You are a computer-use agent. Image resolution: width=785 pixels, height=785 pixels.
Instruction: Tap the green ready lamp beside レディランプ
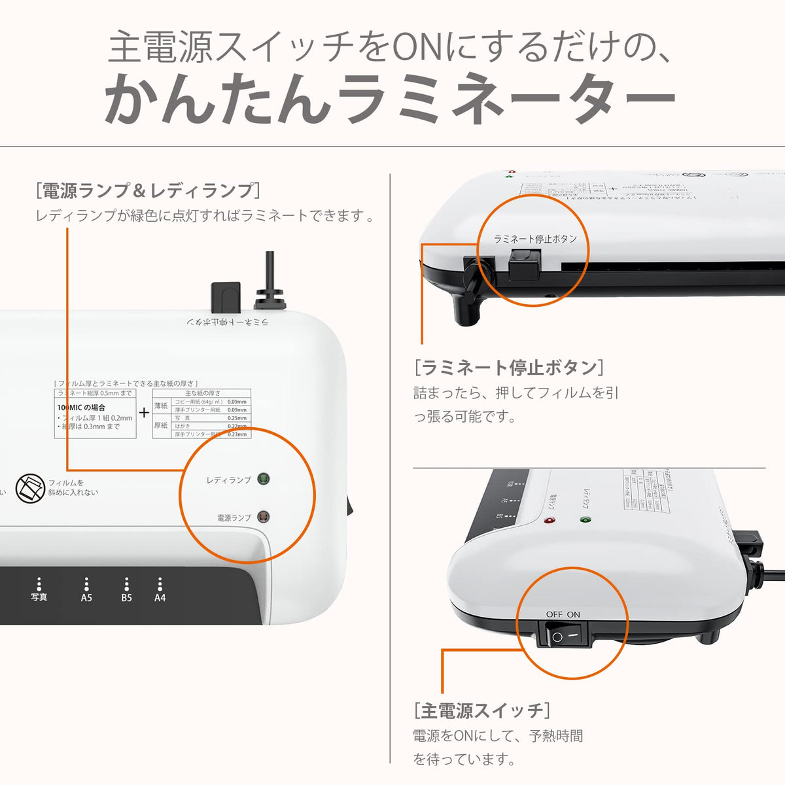pos(263,479)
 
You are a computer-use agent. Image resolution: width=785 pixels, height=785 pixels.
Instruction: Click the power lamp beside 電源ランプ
pos(263,517)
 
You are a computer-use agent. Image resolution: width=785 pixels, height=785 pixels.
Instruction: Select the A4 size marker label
pos(160,597)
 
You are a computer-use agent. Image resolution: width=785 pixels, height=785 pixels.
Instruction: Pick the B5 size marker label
pos(126,597)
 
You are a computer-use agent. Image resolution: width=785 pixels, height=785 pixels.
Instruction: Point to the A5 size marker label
pos(86,597)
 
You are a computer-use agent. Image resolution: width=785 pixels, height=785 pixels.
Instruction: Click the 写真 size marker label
pos(39,597)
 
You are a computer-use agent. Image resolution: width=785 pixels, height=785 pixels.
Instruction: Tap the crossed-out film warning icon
pos(28,487)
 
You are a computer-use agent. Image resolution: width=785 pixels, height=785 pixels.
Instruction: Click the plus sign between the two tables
pos(144,413)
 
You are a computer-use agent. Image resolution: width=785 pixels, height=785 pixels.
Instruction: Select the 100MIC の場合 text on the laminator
pos(81,408)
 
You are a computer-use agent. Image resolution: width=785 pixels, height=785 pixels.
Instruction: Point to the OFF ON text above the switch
pos(563,614)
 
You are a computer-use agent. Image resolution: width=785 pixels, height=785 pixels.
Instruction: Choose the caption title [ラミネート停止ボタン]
pos(509,367)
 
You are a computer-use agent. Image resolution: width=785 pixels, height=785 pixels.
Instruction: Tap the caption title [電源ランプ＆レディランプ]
pos(149,190)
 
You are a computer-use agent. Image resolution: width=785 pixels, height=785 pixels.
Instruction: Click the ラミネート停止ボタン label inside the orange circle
pos(535,239)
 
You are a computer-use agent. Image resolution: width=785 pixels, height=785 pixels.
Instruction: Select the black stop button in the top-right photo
pos(521,267)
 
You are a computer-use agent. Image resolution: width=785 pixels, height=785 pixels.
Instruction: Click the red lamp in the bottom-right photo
pos(548,521)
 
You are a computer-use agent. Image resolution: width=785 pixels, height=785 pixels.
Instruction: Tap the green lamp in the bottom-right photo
pos(584,521)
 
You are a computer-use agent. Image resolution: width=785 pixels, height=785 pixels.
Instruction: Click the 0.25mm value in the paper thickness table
pos(237,417)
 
